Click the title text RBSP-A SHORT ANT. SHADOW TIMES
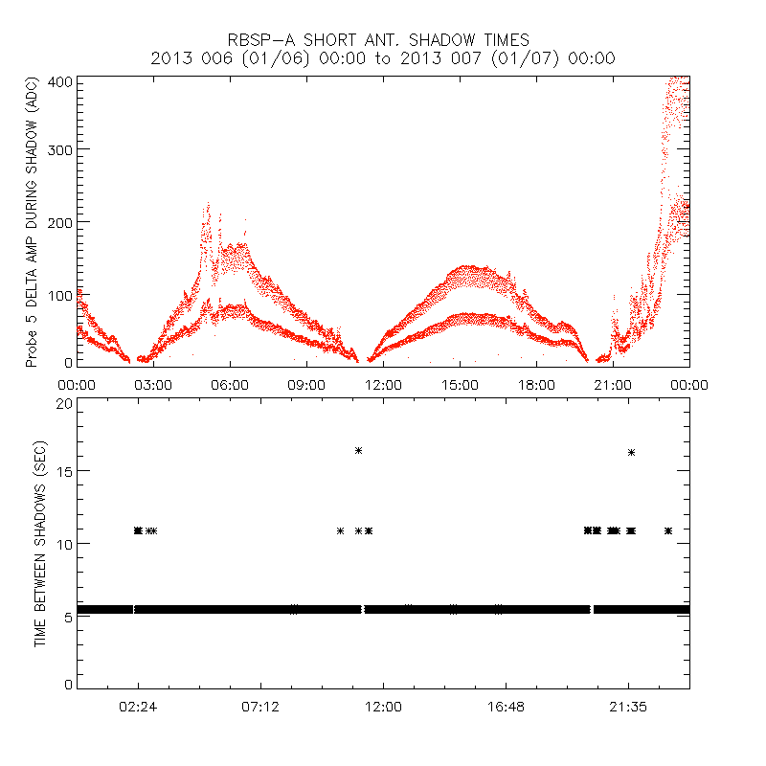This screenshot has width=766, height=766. [x=377, y=40]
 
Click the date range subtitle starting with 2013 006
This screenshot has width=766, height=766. [x=383, y=58]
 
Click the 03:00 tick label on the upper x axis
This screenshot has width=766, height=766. [x=153, y=384]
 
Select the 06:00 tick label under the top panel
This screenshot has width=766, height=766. [x=230, y=384]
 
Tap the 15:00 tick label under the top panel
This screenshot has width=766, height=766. [x=460, y=384]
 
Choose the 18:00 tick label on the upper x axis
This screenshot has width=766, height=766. [x=536, y=384]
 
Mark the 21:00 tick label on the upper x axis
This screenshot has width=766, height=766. [x=613, y=384]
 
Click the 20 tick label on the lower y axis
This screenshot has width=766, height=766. [x=63, y=403]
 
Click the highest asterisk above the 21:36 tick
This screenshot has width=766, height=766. [x=631, y=452]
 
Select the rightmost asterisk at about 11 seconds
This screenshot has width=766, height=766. [x=668, y=530]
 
